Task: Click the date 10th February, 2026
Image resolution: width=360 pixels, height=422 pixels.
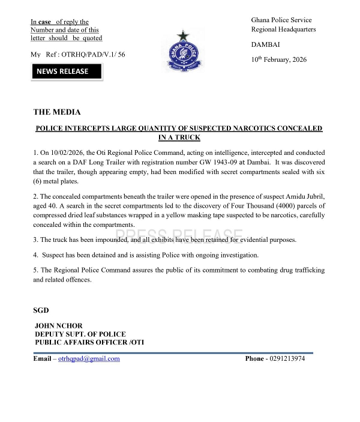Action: coord(279,59)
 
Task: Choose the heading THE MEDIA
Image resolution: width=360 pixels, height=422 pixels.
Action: coord(57,112)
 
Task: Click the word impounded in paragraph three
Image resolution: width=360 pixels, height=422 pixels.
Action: coord(113,240)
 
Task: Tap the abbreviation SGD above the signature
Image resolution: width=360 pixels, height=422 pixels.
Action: coord(41,310)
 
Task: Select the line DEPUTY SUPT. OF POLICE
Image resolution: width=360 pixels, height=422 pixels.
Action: coord(79,334)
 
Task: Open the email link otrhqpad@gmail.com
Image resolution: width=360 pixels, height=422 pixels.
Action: coord(89,359)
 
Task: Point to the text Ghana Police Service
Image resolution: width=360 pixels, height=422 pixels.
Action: coord(281,20)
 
